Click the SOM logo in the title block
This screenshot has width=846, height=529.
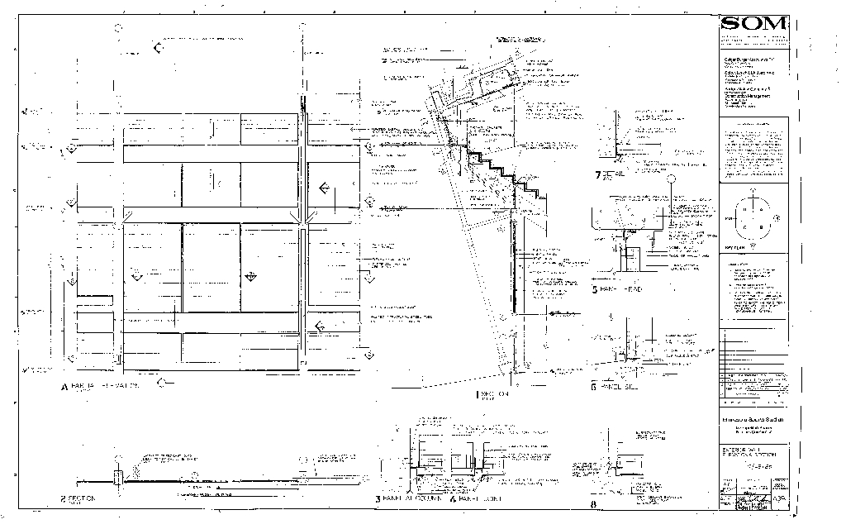click(753, 23)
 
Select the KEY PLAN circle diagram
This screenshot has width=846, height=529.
click(753, 219)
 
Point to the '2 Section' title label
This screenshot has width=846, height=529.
click(78, 498)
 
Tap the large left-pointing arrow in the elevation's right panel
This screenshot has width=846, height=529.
click(324, 189)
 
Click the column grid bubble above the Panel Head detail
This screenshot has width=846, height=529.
click(672, 179)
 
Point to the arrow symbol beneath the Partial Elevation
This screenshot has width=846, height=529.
click(165, 382)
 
